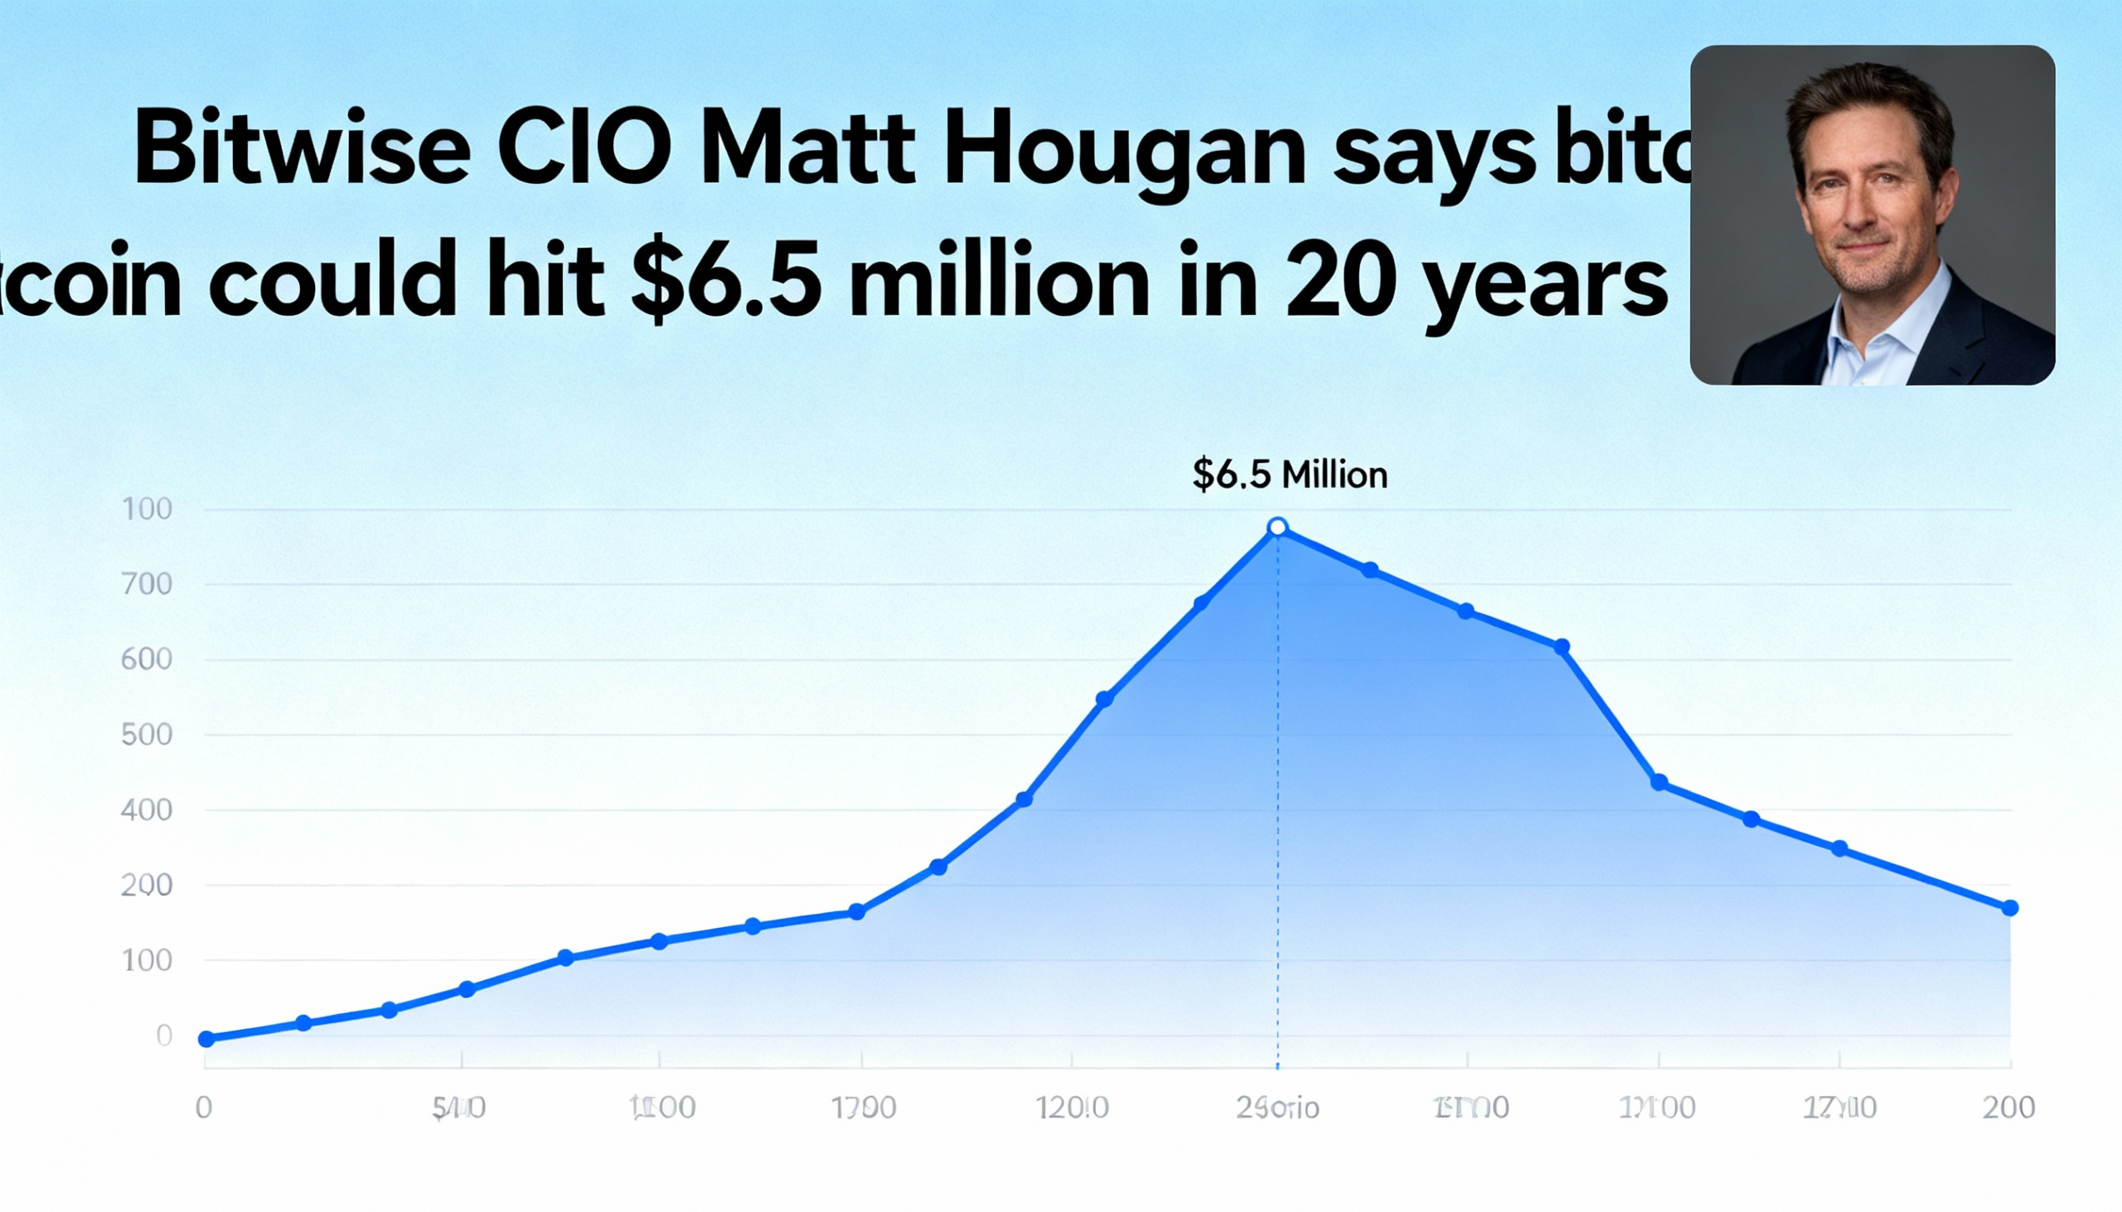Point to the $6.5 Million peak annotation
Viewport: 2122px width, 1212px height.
(x=1289, y=475)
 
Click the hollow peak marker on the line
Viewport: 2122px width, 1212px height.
(x=1277, y=527)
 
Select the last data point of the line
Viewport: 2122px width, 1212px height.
(x=2009, y=907)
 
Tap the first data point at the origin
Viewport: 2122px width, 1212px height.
(x=206, y=1038)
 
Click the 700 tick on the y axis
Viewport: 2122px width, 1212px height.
(x=147, y=584)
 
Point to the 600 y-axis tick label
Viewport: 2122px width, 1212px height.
(x=147, y=659)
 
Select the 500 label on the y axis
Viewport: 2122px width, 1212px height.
(x=147, y=735)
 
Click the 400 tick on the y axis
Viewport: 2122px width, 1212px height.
(x=147, y=810)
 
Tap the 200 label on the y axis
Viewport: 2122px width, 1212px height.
(x=147, y=885)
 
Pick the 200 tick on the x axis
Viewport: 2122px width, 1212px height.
(x=2008, y=1108)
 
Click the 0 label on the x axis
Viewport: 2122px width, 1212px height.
(x=204, y=1108)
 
